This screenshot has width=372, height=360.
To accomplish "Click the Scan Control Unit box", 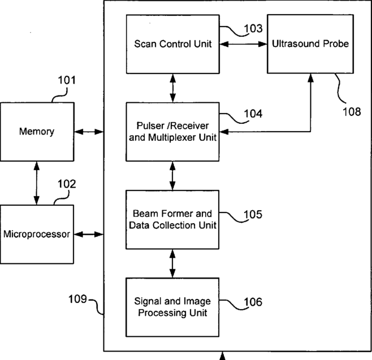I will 172,44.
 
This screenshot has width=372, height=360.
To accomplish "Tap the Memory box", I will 37,132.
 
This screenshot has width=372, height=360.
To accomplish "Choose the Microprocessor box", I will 37,234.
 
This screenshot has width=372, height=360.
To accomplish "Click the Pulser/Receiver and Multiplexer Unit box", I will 172,132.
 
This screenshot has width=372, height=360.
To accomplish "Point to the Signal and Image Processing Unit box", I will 172,307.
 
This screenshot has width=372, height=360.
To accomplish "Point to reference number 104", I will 253,114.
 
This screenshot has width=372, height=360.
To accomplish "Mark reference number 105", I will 253,214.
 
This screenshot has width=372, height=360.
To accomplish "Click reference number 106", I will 253,302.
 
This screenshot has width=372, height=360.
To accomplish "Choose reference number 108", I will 351,111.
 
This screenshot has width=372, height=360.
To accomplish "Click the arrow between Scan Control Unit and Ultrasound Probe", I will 243,44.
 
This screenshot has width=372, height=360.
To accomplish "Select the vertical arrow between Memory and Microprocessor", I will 37,183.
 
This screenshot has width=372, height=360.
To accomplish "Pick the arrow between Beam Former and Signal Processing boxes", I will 172,263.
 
